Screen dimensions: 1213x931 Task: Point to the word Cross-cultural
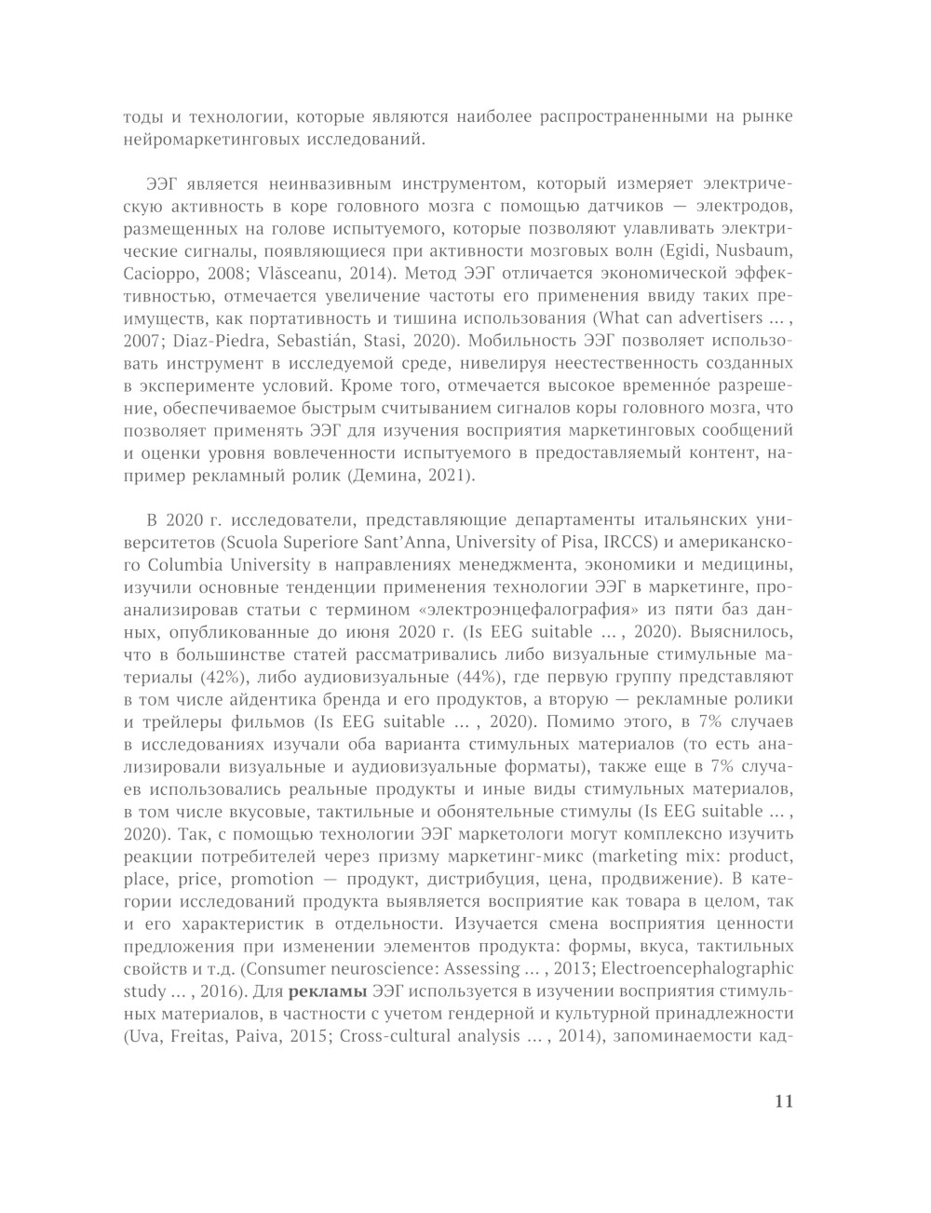point(400,1010)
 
